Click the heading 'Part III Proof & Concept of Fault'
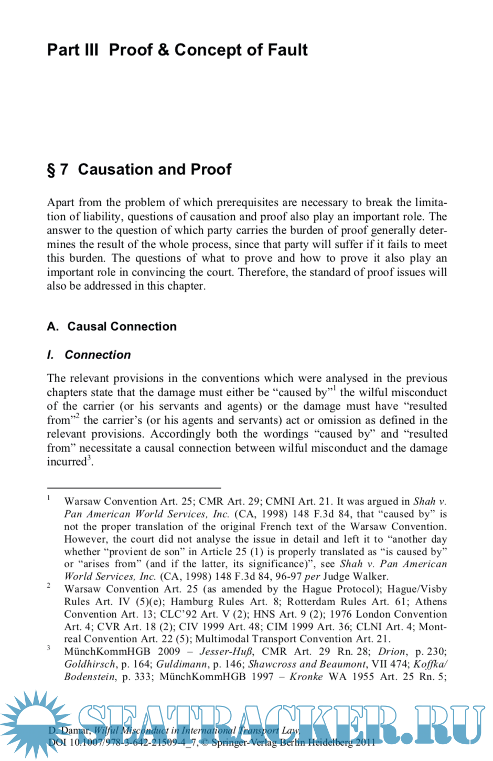point(177,50)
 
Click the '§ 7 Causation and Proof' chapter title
point(139,170)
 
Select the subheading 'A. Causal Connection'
point(112,326)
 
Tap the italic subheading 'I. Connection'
point(89,355)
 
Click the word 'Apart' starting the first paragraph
point(60,203)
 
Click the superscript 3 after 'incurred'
point(89,459)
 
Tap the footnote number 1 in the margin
point(49,498)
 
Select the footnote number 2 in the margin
point(49,585)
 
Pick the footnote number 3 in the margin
point(49,648)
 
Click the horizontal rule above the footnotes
point(134,488)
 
